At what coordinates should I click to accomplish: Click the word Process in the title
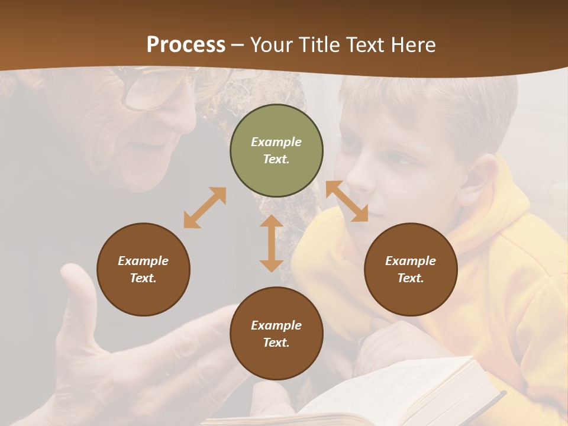click(186, 44)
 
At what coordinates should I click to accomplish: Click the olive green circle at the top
click(276, 150)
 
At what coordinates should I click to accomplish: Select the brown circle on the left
click(143, 269)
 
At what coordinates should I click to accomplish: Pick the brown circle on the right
click(411, 269)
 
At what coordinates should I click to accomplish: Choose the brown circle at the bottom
click(276, 333)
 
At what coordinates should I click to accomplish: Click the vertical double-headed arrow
click(272, 243)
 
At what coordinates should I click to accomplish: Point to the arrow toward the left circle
click(205, 208)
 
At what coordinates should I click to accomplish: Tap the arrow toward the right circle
click(347, 201)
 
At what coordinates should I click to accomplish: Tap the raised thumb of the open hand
click(78, 296)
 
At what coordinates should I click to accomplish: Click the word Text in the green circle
click(276, 159)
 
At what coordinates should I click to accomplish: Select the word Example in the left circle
click(143, 261)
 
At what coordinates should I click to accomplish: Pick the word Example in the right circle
click(411, 261)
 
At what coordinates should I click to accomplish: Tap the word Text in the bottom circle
click(276, 343)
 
